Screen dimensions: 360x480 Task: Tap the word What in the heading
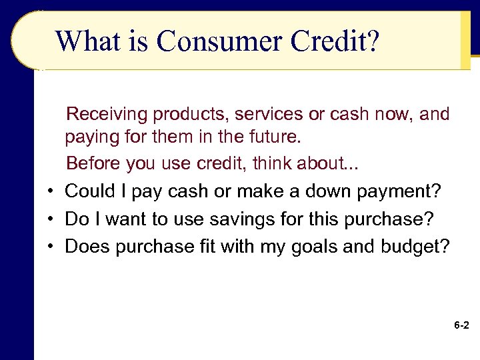point(86,41)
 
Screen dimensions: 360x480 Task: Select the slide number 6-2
point(461,326)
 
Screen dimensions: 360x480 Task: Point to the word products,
point(191,115)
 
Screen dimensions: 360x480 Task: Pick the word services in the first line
point(268,115)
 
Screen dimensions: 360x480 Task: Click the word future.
point(277,139)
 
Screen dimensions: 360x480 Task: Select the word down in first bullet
point(327,192)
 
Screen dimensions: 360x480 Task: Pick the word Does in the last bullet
point(87,247)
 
